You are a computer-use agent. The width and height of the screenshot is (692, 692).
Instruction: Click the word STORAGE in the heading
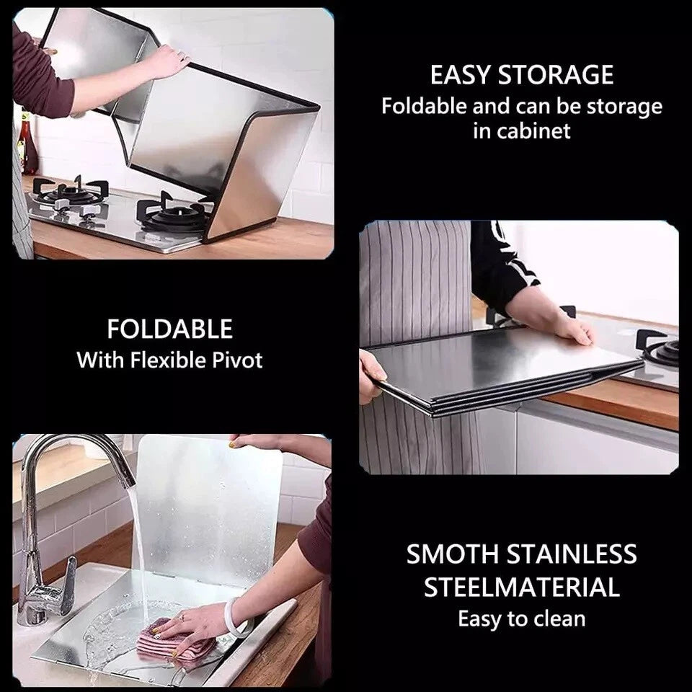coord(556,74)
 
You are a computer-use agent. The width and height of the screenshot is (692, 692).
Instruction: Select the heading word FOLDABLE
coord(170,329)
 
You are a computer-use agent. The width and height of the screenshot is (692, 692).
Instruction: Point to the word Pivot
coord(237,360)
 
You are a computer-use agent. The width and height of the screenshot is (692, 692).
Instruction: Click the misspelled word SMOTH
coord(453,554)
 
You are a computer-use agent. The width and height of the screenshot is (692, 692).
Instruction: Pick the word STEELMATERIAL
coord(522,587)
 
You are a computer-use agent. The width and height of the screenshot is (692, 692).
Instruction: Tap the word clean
coord(559,618)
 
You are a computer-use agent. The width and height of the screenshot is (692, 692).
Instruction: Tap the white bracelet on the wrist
coord(234,618)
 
